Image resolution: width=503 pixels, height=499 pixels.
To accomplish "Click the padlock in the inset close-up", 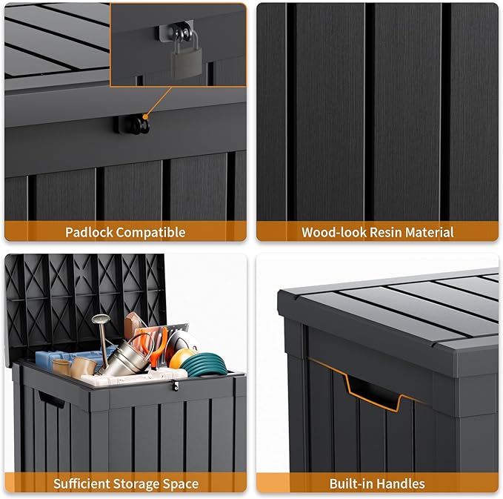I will click(x=182, y=58).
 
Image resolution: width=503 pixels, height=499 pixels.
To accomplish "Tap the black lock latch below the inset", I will click(x=133, y=125).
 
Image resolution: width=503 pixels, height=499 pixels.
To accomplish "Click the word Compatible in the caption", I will click(x=152, y=232).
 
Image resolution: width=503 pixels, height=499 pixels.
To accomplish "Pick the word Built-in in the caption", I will click(x=353, y=484).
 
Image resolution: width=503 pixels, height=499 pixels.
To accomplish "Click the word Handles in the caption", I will click(x=402, y=484).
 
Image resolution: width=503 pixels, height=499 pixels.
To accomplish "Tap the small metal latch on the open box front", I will click(x=175, y=386).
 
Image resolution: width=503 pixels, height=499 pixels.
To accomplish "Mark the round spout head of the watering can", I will click(x=100, y=320).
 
